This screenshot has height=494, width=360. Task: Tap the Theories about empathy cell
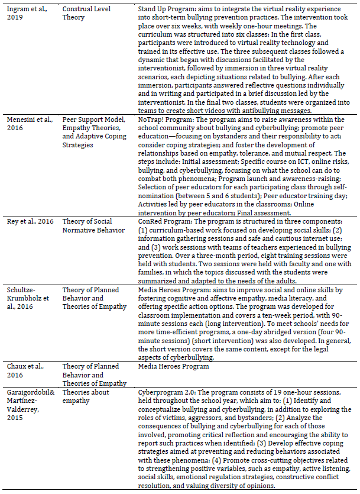pos(88,396)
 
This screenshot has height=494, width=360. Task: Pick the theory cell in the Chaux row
pos(94,374)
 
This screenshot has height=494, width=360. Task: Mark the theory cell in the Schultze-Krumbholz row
pos(94,298)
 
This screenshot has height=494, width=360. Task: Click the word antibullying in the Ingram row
pos(262,111)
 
